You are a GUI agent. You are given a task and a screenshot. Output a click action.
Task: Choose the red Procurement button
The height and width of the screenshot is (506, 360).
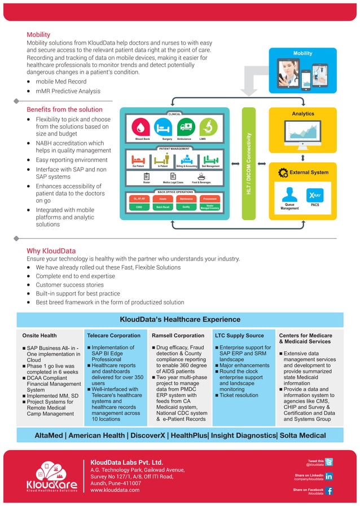[209, 199]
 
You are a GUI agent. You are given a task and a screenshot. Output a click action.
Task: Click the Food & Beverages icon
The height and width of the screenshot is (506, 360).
[201, 176]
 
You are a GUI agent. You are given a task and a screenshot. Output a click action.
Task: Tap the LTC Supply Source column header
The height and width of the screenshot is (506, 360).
[239, 335]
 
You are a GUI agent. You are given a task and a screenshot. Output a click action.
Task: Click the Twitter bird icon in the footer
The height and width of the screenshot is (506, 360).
[329, 462]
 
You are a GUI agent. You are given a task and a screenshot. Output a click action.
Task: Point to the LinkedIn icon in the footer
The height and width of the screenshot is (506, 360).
[329, 477]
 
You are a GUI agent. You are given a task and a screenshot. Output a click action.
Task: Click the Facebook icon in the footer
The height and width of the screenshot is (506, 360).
[329, 491]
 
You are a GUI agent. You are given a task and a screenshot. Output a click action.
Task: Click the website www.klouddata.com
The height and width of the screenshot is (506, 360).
[115, 490]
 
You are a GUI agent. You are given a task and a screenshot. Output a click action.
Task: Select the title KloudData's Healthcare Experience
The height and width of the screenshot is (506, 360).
[180, 319]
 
